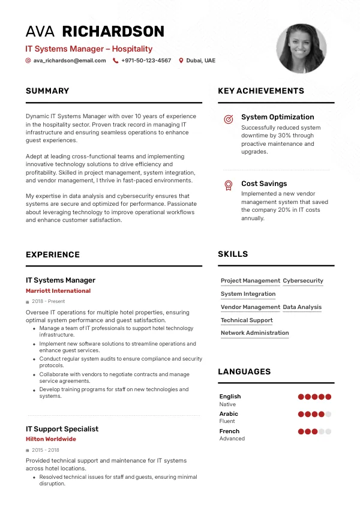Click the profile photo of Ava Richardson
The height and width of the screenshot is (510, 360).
(301, 49)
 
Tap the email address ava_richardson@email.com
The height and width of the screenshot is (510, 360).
(70, 61)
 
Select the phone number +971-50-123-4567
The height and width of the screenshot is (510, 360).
(146, 61)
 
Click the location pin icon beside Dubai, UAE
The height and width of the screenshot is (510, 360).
(181, 61)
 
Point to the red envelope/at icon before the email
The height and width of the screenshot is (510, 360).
(28, 61)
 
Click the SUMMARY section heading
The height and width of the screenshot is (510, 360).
(47, 91)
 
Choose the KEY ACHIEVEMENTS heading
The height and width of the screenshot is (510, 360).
(261, 91)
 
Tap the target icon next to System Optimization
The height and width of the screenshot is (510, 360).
(228, 119)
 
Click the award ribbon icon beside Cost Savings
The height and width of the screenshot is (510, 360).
(228, 185)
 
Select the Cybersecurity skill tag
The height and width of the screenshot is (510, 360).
(303, 281)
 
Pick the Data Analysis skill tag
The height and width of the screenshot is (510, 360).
(302, 307)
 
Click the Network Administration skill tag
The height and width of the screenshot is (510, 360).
(254, 333)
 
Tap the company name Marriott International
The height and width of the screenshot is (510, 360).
(58, 291)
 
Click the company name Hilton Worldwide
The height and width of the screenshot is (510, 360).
(51, 439)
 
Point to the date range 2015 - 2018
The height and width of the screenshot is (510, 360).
(45, 450)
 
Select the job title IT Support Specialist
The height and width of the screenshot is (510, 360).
(62, 429)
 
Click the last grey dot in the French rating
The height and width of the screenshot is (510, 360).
(328, 431)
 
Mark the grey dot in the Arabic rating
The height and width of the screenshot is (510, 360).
(328, 414)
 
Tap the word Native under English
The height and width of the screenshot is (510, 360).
(227, 404)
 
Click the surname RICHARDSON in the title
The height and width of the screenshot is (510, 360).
(113, 32)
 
